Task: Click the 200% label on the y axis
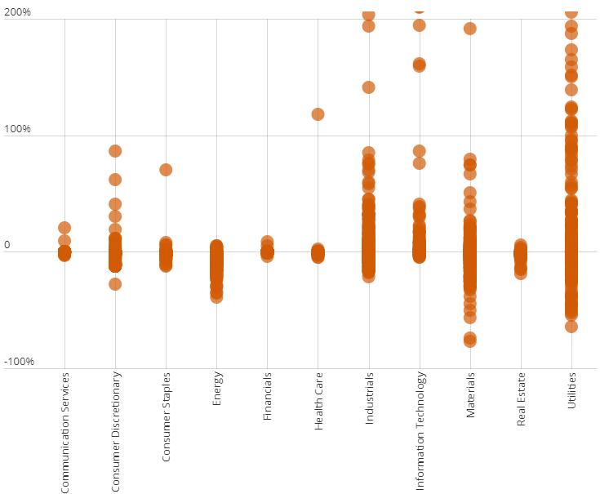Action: pos(16,13)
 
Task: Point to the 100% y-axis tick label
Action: pos(16,129)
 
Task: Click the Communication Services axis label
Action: pos(65,433)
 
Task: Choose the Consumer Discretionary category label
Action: pos(116,433)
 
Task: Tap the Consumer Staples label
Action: pos(166,417)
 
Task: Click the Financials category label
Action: pos(267,398)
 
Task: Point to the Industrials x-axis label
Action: pos(368,398)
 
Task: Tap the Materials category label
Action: pos(470,396)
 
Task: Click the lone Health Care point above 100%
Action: pos(318,114)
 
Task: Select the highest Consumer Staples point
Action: pos(166,170)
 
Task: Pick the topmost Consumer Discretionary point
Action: pos(115,151)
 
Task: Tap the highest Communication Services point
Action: pos(64,228)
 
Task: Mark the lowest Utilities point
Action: pos(571,327)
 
